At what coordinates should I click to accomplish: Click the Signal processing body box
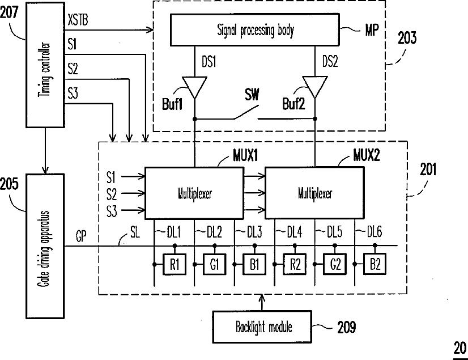(254, 30)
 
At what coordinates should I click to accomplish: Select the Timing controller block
(45, 65)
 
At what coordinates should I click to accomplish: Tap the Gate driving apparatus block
(45, 246)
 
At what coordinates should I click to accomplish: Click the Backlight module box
(262, 327)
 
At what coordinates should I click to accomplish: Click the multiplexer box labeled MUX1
(194, 193)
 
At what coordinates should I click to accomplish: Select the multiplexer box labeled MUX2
(314, 193)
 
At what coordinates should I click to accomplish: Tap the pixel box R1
(175, 264)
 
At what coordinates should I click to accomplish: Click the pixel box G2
(335, 264)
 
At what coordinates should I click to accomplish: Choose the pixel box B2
(375, 264)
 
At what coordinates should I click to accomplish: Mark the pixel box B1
(254, 264)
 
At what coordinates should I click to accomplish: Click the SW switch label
(252, 95)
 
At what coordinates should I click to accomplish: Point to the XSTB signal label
(78, 20)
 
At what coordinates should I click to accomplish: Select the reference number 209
(347, 327)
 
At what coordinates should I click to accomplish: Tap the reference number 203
(407, 38)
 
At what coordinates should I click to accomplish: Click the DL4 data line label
(295, 232)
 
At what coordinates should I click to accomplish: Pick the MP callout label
(372, 30)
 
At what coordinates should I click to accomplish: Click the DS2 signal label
(330, 62)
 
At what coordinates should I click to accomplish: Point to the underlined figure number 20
(460, 348)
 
